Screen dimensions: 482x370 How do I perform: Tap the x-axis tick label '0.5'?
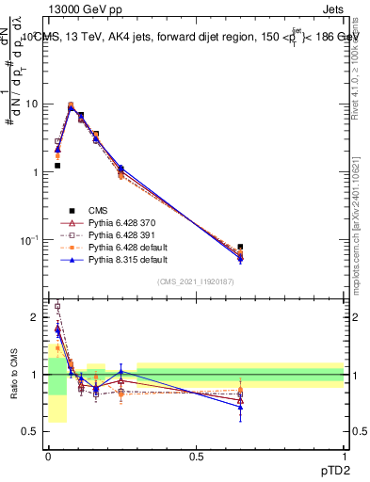[x=196, y=457]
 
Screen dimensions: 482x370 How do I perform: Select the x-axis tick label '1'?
[x=344, y=457]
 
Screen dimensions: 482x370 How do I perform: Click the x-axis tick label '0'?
[x=48, y=457]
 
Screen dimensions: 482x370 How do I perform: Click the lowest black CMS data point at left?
[x=57, y=166]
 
